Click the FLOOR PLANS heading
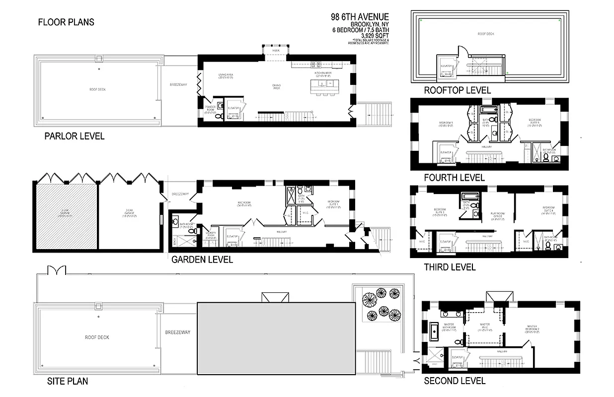66,22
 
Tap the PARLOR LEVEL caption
75,136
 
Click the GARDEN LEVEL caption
202,259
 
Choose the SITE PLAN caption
68,382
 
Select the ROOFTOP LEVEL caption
457,90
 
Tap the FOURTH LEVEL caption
454,178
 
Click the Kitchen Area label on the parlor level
323,73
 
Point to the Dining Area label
277,86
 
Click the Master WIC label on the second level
484,327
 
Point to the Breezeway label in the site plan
178,332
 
